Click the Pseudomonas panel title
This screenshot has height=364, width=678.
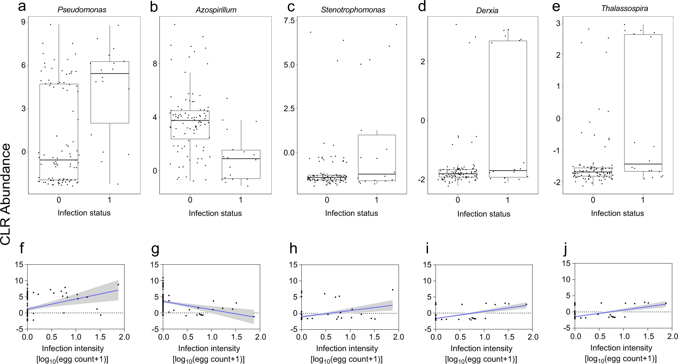click(82, 10)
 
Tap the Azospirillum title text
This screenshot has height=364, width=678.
click(216, 10)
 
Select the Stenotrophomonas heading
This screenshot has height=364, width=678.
click(353, 10)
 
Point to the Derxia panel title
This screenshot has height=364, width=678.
click(487, 11)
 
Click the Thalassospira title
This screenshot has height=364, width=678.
click(624, 9)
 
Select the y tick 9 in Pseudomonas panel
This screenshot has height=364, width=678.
click(23, 22)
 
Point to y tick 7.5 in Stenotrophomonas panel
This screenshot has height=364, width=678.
click(289, 21)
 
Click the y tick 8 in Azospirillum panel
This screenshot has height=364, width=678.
click(155, 64)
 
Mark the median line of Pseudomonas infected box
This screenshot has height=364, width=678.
click(110, 74)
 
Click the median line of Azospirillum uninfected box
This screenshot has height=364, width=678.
click(190, 120)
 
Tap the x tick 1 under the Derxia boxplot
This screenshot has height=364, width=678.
click(507, 200)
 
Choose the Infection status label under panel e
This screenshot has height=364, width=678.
click(617, 213)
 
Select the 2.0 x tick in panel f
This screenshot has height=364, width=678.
click(124, 337)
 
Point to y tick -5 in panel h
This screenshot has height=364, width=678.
click(293, 329)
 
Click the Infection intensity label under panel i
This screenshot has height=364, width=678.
click(481, 348)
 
